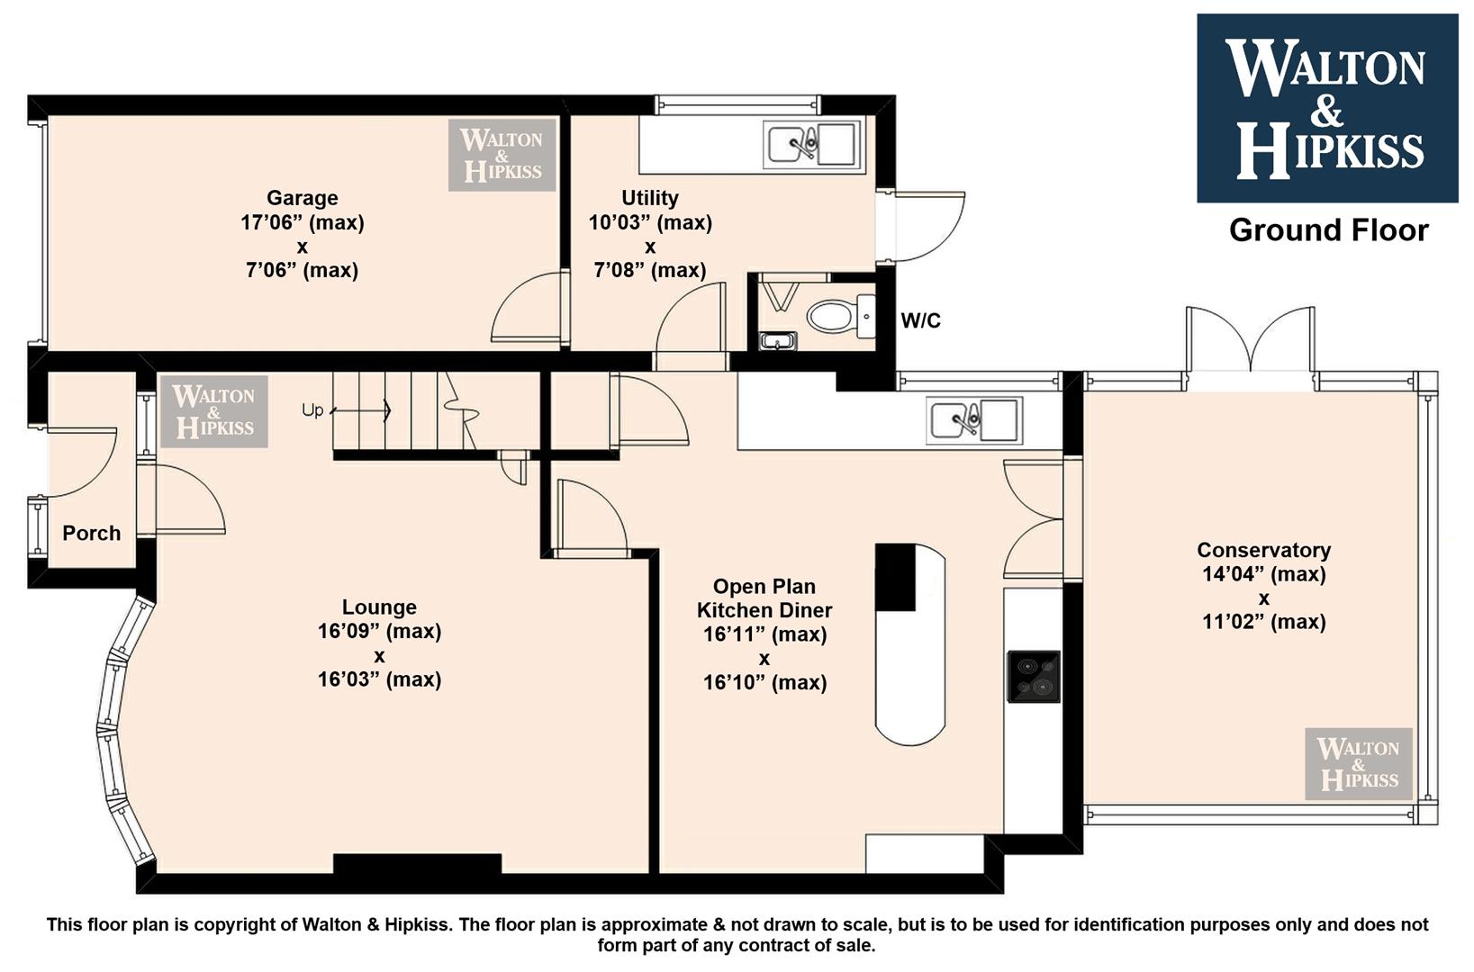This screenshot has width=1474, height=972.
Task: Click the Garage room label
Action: click(x=302, y=197)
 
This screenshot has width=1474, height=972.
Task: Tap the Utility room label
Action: click(x=649, y=197)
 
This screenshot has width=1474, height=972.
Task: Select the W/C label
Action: click(x=920, y=321)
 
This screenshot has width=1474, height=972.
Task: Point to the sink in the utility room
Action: click(x=813, y=144)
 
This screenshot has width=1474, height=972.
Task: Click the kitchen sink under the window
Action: click(x=974, y=420)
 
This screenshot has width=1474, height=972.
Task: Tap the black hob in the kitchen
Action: click(x=1034, y=677)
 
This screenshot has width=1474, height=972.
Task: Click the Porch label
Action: click(x=92, y=533)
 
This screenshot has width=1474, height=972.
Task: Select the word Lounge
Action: click(x=379, y=607)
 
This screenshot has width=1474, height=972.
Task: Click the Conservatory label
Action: click(x=1263, y=550)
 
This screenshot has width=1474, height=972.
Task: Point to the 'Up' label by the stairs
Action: click(x=312, y=410)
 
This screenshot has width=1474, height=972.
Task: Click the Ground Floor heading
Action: click(x=1328, y=230)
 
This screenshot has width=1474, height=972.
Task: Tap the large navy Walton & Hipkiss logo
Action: click(x=1327, y=108)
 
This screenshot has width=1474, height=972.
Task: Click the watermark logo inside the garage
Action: click(x=502, y=155)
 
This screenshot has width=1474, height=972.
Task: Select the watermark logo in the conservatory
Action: click(x=1359, y=763)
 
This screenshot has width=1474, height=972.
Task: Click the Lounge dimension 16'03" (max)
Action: click(x=379, y=679)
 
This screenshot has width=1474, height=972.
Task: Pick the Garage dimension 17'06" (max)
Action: click(x=302, y=222)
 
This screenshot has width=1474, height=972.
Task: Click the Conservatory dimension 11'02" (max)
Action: click(x=1263, y=622)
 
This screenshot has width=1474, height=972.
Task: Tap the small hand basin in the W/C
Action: click(x=778, y=341)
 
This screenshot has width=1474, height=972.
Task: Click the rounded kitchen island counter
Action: click(x=910, y=644)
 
